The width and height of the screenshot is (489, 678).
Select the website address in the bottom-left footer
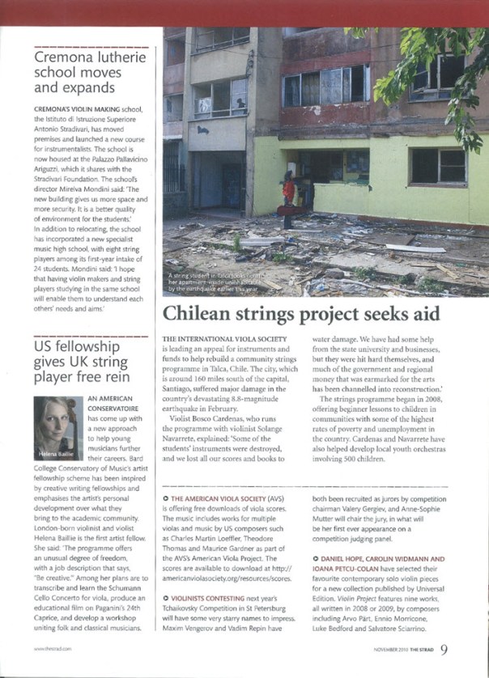point(50,649)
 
